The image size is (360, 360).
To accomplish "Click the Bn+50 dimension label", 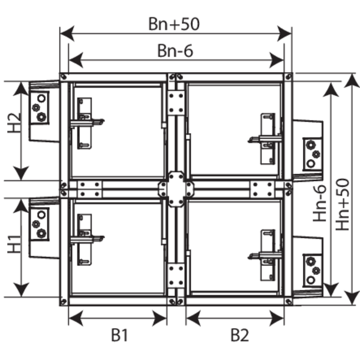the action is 174,24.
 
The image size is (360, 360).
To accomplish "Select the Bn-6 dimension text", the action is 175,51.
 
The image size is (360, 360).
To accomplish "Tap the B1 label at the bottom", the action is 119,335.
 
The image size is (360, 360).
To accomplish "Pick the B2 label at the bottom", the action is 239,335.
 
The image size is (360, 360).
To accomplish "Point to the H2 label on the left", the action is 14,122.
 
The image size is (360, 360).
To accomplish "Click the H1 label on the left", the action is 14,244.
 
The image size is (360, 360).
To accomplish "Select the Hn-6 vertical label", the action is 320,203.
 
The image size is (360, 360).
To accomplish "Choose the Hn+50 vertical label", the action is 342,205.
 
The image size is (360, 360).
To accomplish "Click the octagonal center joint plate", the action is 176,189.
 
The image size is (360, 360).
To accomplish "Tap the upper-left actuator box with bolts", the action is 39,107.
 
